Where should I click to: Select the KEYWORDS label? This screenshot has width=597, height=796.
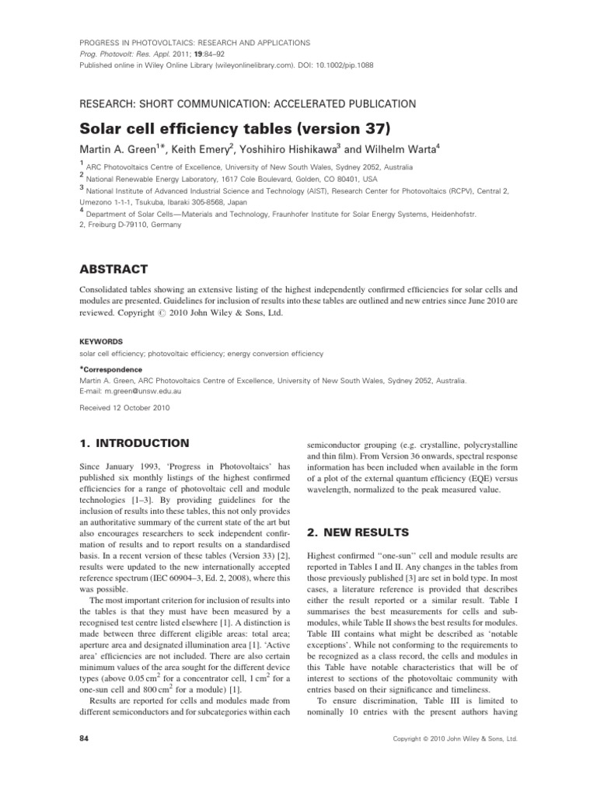(103, 340)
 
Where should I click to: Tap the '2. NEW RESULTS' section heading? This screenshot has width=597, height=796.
(352, 532)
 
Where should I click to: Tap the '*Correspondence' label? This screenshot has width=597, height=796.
(112, 369)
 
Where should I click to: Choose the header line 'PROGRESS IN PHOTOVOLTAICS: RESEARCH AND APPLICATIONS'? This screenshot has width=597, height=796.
(195, 43)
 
